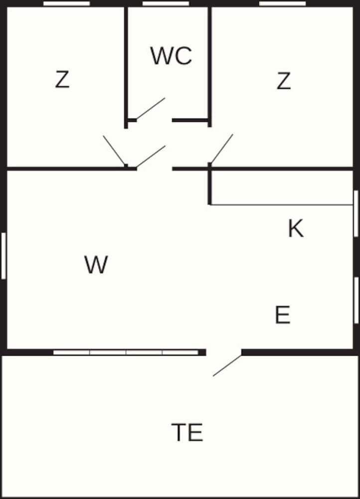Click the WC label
point(171,56)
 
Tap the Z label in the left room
point(62,79)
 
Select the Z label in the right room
point(284,81)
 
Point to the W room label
point(96,264)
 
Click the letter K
point(296,228)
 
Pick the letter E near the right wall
point(282,314)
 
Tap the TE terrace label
point(187,432)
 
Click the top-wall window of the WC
point(166,3)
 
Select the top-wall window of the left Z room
point(66,3)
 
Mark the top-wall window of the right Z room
point(282,3)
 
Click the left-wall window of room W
point(3,256)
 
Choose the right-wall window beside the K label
point(356,214)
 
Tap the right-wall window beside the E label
point(356,300)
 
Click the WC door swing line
point(151,108)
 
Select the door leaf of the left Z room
point(115,151)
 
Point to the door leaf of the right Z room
point(222,149)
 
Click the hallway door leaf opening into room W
point(151,156)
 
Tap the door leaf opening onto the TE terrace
point(227,365)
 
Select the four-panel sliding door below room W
point(126,352)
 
